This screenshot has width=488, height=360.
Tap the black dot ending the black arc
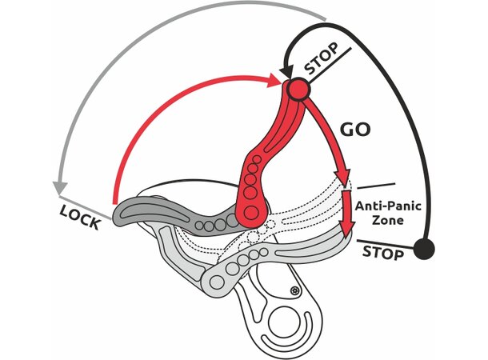(425, 249)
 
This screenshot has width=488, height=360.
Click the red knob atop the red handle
(298, 89)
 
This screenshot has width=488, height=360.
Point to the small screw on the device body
(295, 290)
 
